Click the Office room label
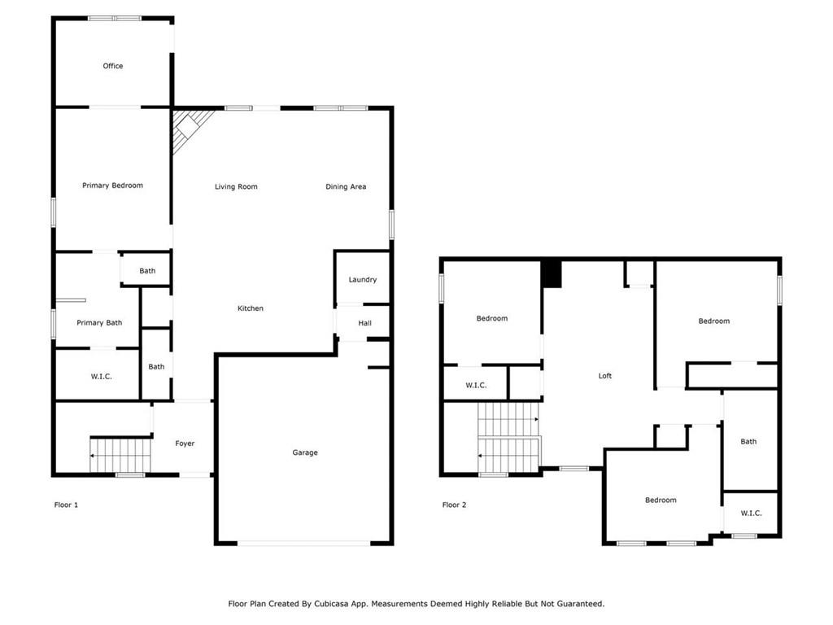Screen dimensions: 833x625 112,66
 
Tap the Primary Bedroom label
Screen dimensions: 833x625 112,186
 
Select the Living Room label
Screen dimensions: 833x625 236,186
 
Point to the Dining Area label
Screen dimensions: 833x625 346,186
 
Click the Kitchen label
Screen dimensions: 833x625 251,308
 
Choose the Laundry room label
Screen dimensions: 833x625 362,280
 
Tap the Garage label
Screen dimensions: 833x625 305,452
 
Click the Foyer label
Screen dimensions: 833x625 185,444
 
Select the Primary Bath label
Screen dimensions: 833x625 99,322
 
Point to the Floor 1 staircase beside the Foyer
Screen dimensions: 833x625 120,455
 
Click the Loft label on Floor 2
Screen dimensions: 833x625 605,376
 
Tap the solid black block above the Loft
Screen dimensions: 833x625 552,273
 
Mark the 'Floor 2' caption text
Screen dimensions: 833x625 454,505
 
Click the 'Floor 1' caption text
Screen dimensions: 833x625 66,505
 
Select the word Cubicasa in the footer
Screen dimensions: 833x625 332,604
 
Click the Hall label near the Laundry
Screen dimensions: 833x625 365,323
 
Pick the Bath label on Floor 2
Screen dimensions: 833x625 748,442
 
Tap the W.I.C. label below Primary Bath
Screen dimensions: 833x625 102,377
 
